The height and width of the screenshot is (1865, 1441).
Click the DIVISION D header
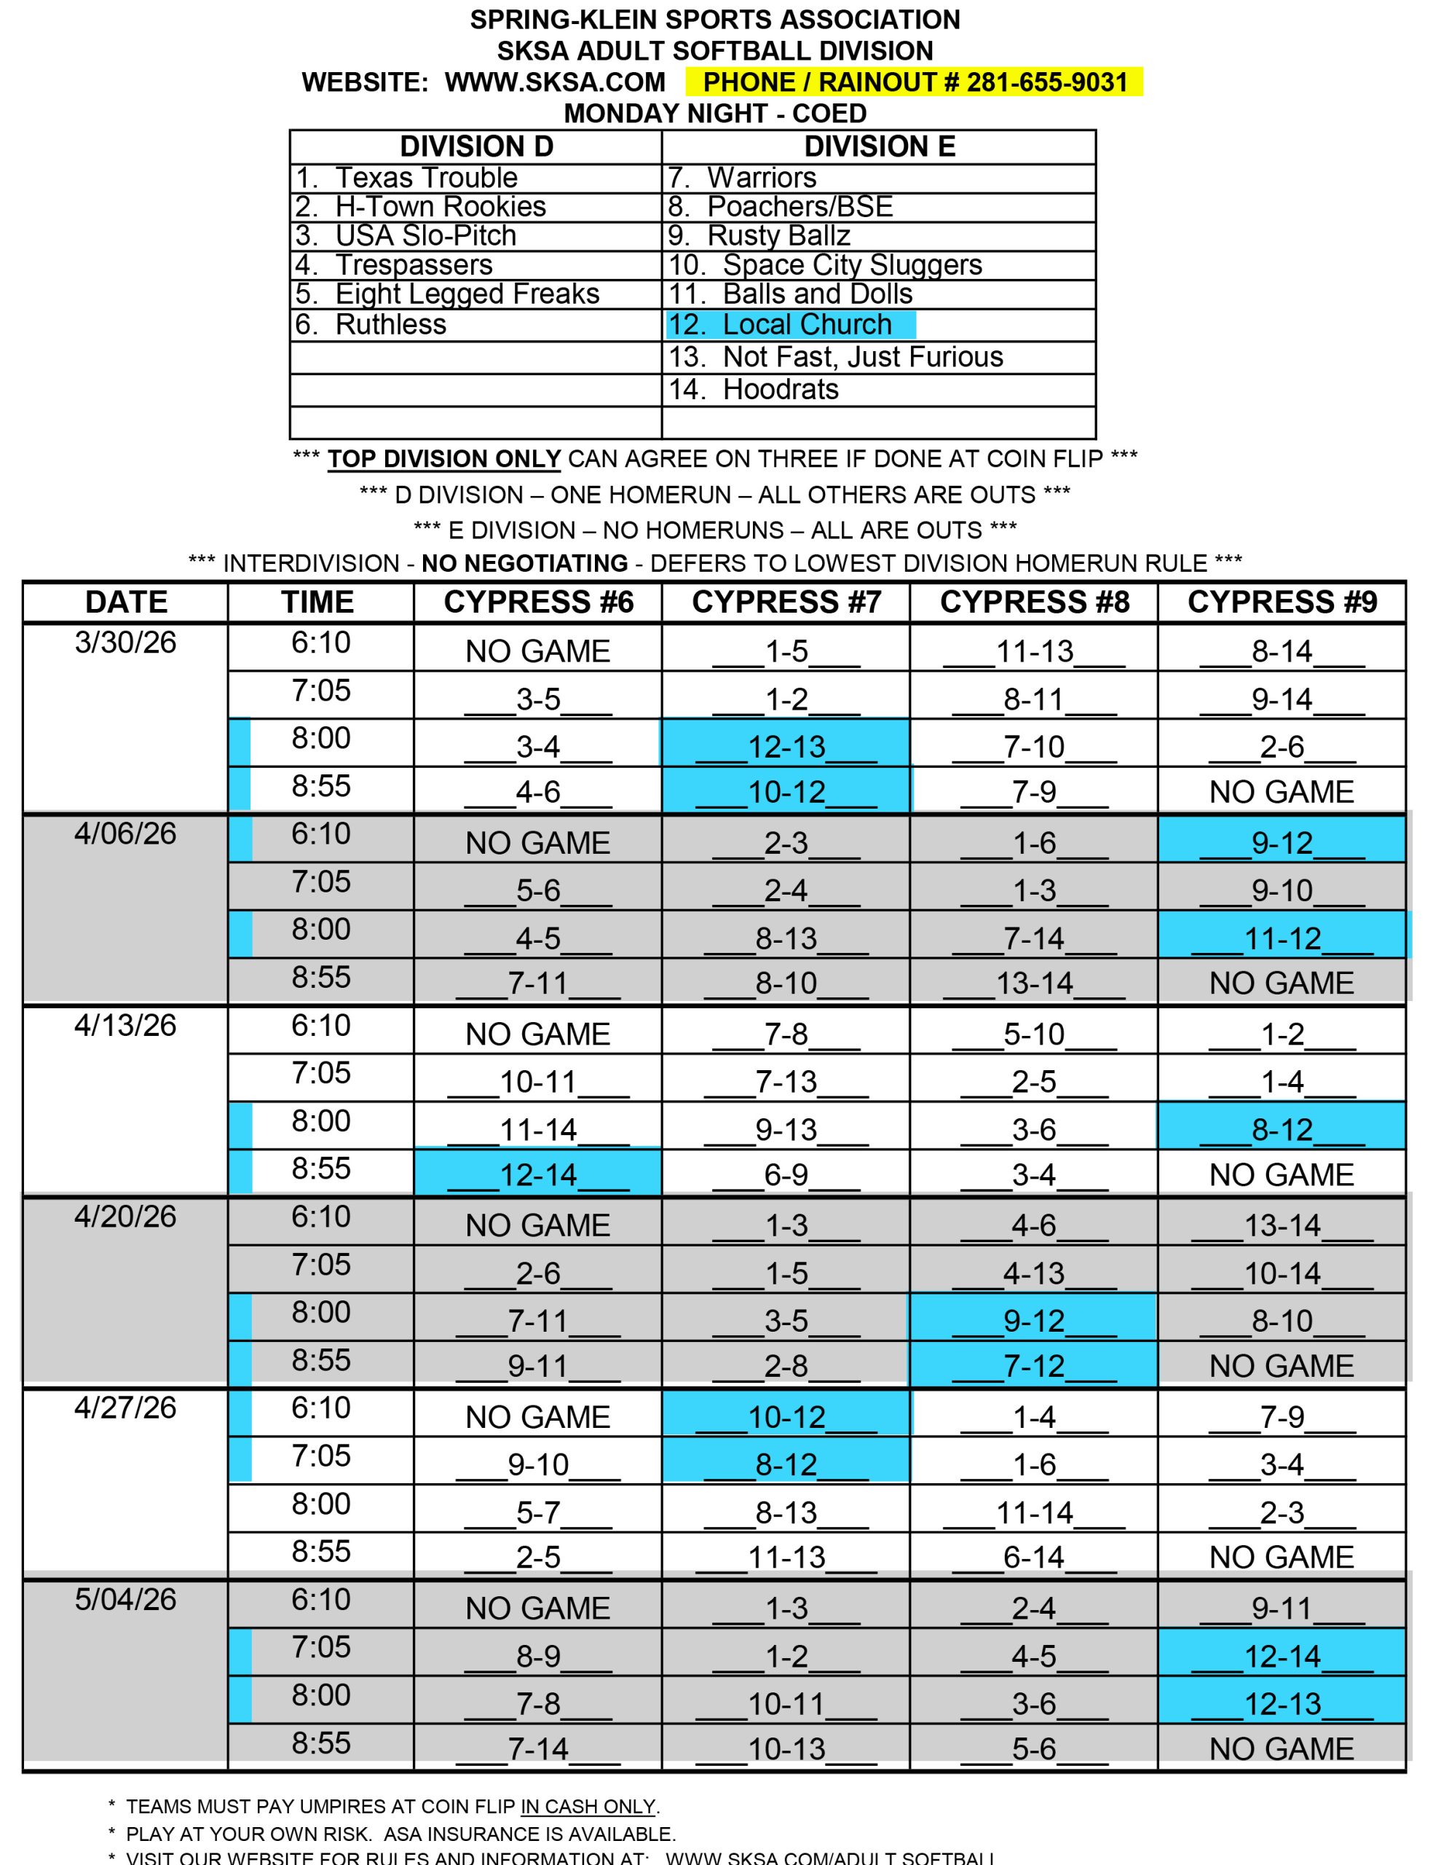pos(476,147)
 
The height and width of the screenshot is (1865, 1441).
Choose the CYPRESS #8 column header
pos(1034,602)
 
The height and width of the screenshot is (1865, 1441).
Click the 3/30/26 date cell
pos(125,642)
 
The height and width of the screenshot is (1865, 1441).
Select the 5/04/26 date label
pos(125,1598)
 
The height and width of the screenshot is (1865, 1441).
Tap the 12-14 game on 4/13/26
pos(538,1174)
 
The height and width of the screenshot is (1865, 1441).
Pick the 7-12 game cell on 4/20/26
pos(1034,1365)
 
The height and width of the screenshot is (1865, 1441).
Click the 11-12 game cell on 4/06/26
pos(1282,938)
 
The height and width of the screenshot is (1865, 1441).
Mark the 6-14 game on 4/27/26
pos(1034,1557)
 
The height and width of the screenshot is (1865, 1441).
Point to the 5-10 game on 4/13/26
pos(1034,1034)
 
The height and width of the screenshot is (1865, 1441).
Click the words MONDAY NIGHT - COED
pos(715,114)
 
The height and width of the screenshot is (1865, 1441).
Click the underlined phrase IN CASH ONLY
pos(588,1806)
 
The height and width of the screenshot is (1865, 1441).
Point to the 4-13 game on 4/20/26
pos(1034,1273)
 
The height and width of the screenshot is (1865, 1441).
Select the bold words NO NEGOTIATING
pos(524,564)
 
